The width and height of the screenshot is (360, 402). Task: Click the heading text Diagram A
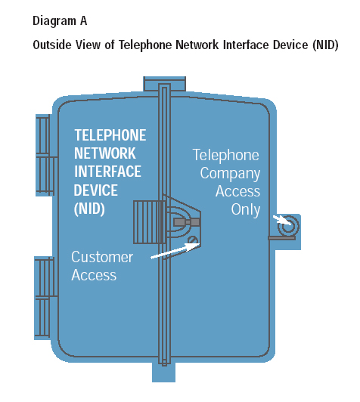60,20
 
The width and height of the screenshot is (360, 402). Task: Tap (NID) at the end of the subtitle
325,45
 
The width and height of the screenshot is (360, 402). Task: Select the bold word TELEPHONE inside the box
110,135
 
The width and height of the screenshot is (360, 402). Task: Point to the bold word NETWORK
104,153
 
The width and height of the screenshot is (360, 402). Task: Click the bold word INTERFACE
107,172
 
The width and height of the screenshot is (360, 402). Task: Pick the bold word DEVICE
96,190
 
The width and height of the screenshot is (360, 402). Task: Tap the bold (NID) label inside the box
89,209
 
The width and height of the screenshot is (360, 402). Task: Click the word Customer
102,257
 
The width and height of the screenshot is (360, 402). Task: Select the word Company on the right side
230,174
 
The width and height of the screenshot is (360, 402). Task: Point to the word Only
246,210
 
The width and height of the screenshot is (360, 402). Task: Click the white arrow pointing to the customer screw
175,250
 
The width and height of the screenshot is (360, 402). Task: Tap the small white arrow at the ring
282,220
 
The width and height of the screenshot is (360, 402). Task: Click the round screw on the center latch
193,240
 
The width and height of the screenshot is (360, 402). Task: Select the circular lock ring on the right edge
289,225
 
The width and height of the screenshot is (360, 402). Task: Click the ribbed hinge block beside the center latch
149,221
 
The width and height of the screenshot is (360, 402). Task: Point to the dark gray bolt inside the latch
186,222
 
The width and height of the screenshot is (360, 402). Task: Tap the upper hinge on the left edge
45,156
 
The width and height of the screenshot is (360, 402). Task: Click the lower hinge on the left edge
45,298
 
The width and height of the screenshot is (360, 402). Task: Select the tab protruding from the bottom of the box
163,372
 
